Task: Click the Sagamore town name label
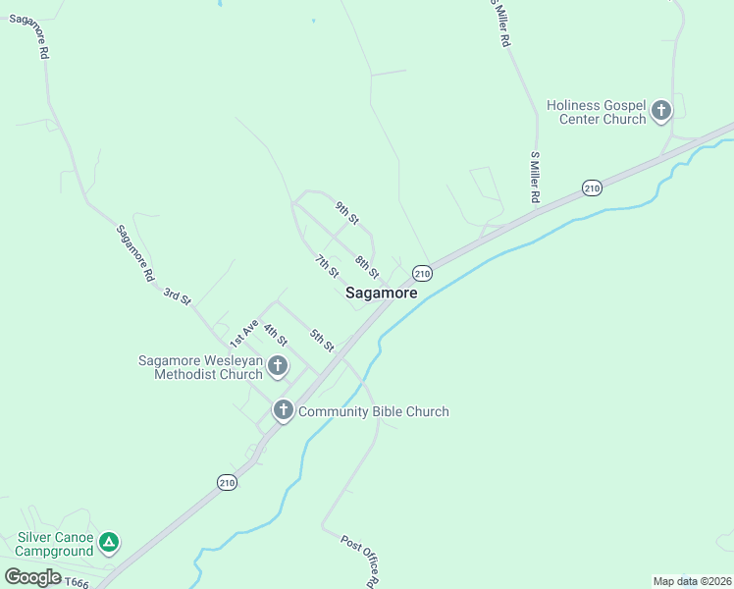pyautogui.click(x=381, y=293)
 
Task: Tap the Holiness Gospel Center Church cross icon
pyautogui.click(x=661, y=111)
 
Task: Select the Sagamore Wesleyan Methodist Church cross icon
pyautogui.click(x=278, y=367)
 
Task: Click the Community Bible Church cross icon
pyautogui.click(x=284, y=410)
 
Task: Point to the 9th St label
pyautogui.click(x=347, y=212)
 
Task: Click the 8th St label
pyautogui.click(x=367, y=266)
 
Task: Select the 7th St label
pyautogui.click(x=327, y=265)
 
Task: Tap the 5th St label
pyautogui.click(x=322, y=341)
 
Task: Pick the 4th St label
pyautogui.click(x=275, y=335)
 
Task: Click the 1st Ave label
pyautogui.click(x=243, y=334)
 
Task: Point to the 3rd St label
pyautogui.click(x=177, y=295)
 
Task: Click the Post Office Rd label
pyautogui.click(x=359, y=562)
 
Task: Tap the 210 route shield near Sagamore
pyautogui.click(x=422, y=272)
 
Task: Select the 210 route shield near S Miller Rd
pyautogui.click(x=591, y=187)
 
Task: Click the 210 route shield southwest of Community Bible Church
pyautogui.click(x=227, y=481)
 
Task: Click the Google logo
pyautogui.click(x=32, y=576)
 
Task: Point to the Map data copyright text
pyautogui.click(x=692, y=581)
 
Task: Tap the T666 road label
pyautogui.click(x=76, y=583)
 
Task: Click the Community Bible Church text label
pyautogui.click(x=373, y=411)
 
